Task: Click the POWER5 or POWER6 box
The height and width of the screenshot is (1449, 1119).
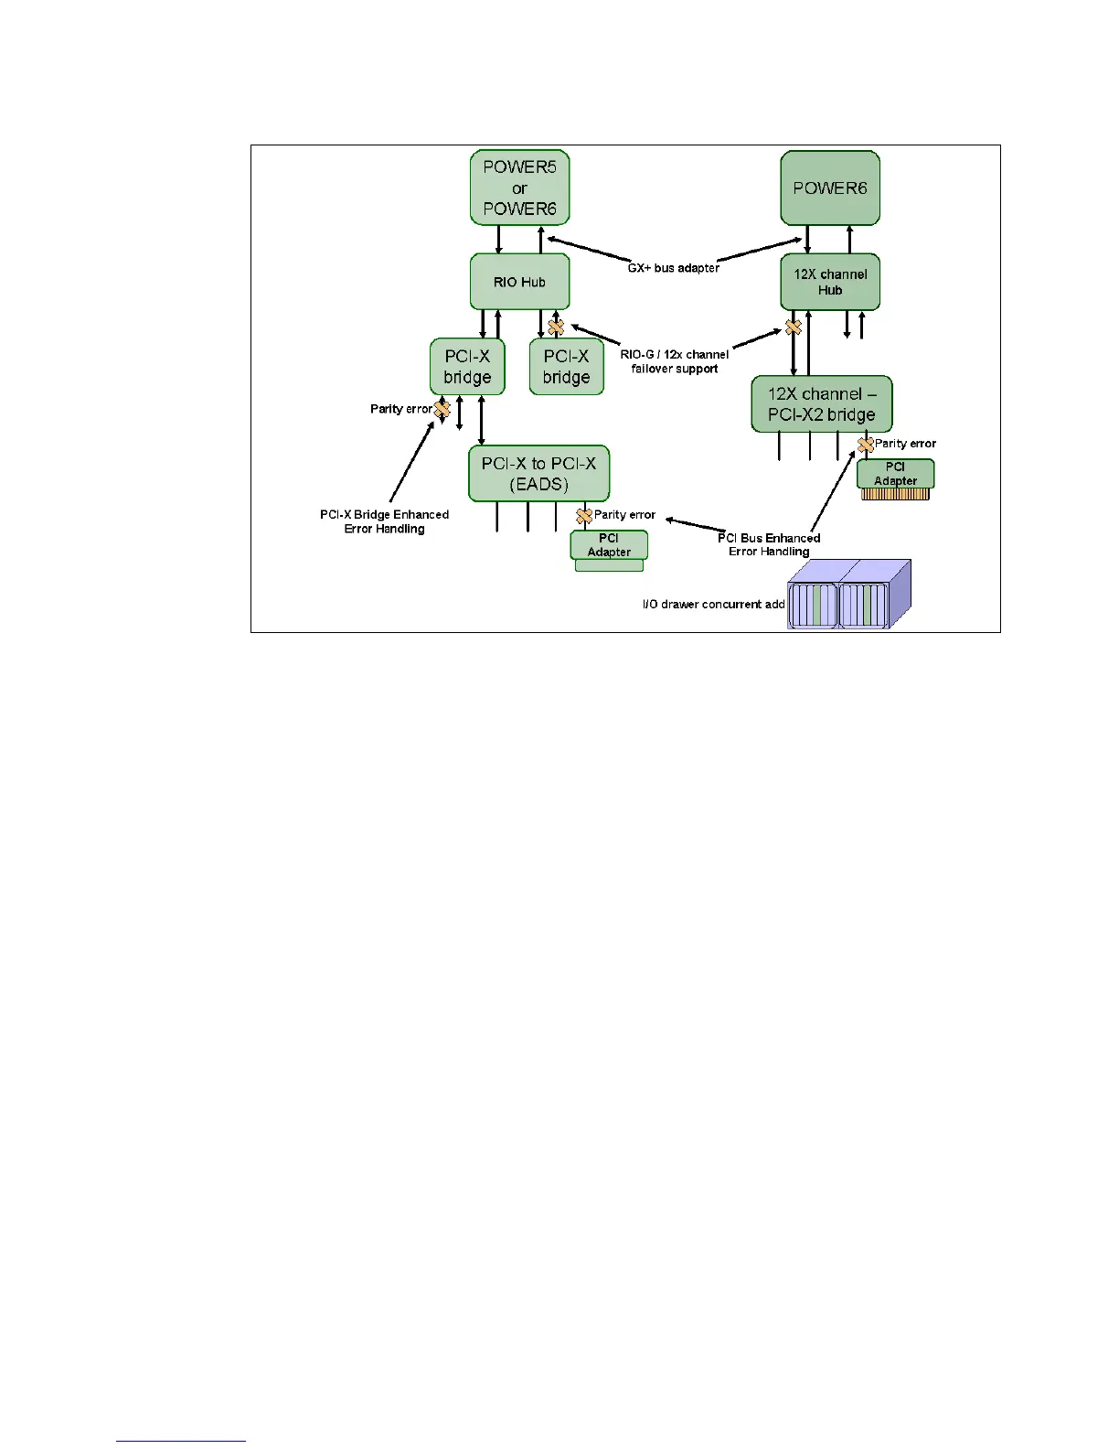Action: [519, 188]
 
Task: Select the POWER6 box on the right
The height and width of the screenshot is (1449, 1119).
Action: [830, 188]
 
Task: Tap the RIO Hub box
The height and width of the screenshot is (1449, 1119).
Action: [519, 282]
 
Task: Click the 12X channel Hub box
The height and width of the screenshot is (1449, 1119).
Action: [830, 282]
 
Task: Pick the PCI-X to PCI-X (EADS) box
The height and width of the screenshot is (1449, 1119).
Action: [538, 474]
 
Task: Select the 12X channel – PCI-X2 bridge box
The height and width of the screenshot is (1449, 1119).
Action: [821, 404]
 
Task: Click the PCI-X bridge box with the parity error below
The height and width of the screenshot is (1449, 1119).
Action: [467, 367]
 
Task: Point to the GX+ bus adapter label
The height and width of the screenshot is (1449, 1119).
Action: [674, 268]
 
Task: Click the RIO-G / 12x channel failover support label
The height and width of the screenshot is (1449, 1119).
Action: [675, 361]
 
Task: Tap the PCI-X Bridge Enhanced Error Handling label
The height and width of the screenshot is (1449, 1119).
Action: [384, 521]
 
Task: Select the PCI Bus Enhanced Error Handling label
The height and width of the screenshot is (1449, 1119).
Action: [769, 544]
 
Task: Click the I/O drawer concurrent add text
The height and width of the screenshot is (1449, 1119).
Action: [714, 605]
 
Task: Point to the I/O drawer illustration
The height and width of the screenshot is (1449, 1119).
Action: [849, 595]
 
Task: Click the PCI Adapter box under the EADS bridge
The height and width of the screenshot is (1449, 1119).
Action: [609, 545]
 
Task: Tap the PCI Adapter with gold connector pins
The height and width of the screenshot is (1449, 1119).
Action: [895, 475]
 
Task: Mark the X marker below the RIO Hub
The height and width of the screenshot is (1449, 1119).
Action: [556, 327]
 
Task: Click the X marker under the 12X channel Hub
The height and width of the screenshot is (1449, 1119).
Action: [794, 327]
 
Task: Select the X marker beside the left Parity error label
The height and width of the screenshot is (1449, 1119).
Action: [442, 409]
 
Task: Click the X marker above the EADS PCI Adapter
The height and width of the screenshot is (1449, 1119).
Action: [584, 516]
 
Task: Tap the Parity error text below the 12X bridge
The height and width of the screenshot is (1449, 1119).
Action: [905, 444]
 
